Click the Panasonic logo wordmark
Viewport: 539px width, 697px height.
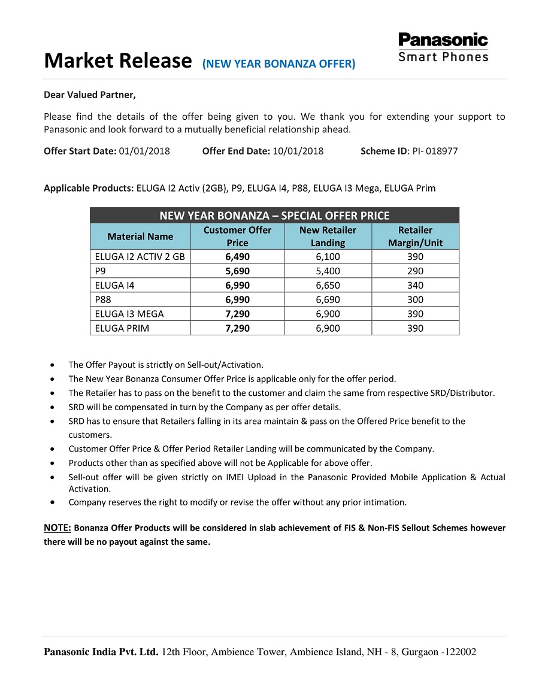coord(443,40)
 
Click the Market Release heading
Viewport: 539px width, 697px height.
coord(117,60)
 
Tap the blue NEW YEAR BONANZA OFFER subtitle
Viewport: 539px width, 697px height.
coord(278,63)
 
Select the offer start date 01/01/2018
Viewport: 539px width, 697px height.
coord(144,151)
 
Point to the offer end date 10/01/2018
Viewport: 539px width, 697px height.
coord(298,151)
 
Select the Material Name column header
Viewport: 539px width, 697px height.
coord(140,237)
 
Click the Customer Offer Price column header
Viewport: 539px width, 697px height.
coord(237,237)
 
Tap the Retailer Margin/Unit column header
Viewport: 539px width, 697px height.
coord(415,237)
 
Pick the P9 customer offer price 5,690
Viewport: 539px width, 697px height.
coord(237,271)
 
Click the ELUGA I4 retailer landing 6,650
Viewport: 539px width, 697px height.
coord(328,285)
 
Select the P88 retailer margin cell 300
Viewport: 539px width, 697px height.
coord(415,299)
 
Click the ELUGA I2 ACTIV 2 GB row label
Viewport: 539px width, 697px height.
coord(140,256)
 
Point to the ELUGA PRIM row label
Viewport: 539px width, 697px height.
coord(122,328)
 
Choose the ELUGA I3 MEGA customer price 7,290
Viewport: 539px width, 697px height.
coord(237,314)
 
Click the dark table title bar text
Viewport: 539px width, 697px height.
coord(274,216)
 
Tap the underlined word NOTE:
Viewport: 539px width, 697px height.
coord(57,528)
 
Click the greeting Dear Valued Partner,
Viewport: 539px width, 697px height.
coord(90,95)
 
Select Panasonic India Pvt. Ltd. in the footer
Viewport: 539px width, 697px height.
coord(101,652)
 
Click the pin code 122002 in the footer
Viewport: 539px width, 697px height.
coord(460,652)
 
